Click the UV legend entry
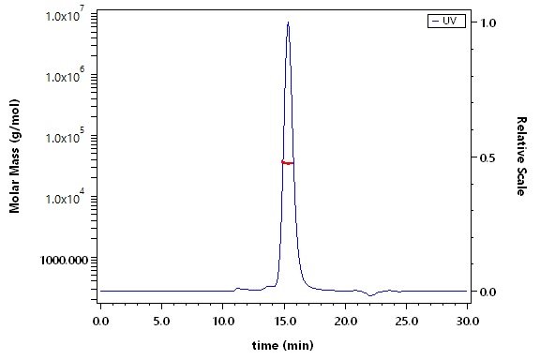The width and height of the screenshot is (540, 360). tap(446, 21)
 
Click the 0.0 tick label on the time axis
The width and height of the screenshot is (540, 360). tap(100, 322)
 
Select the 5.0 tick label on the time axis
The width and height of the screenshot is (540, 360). tap(161, 322)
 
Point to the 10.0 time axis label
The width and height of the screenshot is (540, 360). tap(222, 322)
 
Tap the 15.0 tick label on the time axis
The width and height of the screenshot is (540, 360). tap(284, 322)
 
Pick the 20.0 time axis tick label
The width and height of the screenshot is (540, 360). tap(345, 322)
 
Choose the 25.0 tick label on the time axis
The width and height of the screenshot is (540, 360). tap(406, 322)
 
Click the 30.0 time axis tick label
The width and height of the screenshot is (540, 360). tap(467, 322)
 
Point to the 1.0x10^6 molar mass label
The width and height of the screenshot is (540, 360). tap(66, 75)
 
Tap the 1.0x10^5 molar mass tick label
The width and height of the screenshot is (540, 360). tap(66, 136)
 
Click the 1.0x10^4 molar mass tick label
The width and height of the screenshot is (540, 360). tap(66, 197)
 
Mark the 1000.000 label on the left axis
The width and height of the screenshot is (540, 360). tap(64, 260)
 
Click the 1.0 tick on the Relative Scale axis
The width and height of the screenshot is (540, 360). tap(488, 22)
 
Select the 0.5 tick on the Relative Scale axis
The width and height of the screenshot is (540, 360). tap(488, 157)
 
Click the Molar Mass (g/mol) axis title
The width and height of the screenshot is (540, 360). tap(14, 156)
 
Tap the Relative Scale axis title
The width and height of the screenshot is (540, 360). tap(522, 157)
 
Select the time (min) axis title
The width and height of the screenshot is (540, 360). tap(283, 345)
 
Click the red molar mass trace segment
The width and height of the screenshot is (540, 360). tap(288, 162)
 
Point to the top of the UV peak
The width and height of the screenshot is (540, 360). tap(288, 22)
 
